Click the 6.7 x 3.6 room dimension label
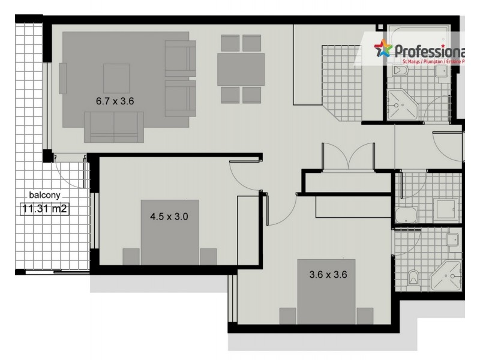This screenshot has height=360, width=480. tap(115, 101)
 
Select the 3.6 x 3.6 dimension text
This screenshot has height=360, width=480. tap(328, 275)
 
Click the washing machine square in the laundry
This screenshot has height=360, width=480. tap(445, 208)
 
